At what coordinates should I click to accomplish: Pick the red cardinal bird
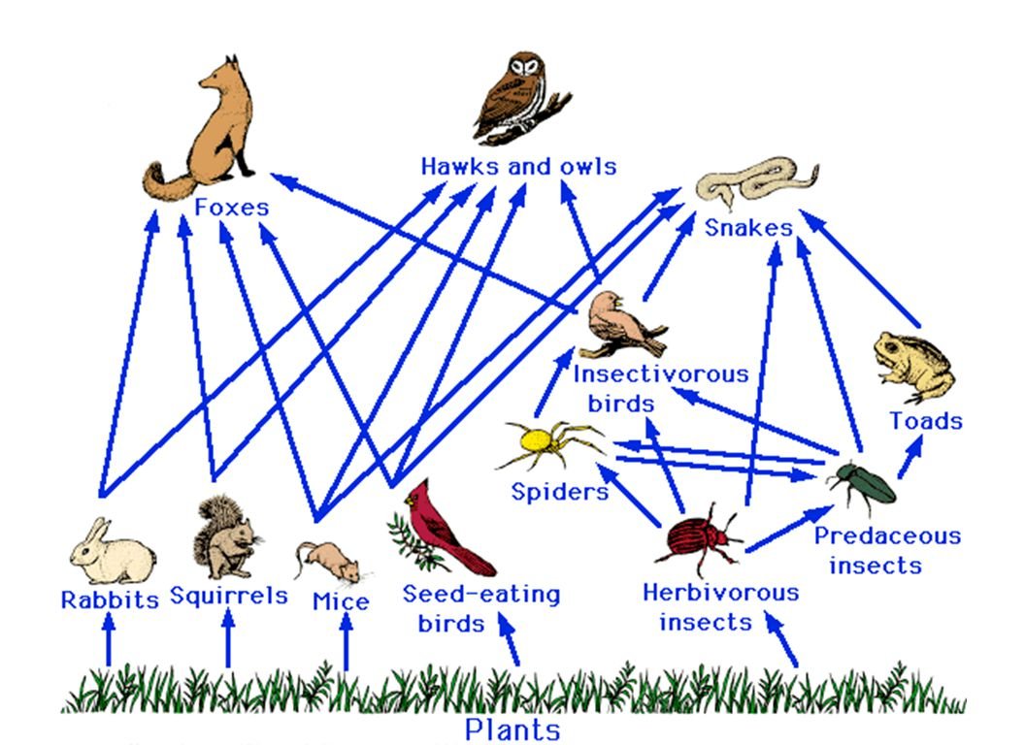click(442, 530)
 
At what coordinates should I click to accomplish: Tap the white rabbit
click(111, 553)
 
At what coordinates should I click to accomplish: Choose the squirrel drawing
click(224, 537)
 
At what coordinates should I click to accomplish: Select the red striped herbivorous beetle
click(698, 538)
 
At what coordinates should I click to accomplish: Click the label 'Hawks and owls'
click(518, 167)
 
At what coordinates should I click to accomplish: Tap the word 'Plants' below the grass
click(512, 729)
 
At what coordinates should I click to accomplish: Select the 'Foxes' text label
click(231, 208)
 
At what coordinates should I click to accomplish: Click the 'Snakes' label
click(748, 228)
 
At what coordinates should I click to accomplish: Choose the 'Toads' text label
click(926, 421)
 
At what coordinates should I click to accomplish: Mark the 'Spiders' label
click(560, 492)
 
